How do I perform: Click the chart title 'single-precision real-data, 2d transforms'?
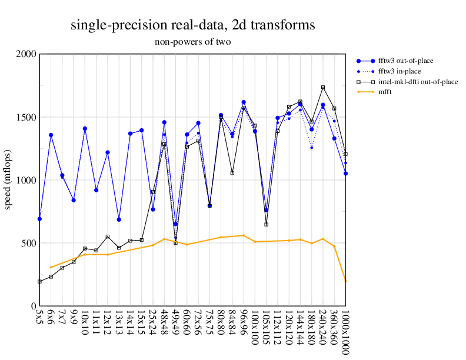(192, 25)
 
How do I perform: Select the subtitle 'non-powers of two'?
(192, 42)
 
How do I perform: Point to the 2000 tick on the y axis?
(26, 54)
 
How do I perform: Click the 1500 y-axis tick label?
(26, 117)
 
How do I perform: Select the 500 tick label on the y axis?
(28, 243)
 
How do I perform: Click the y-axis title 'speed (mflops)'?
(9, 180)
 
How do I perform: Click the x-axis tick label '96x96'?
(244, 324)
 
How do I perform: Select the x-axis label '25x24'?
(153, 324)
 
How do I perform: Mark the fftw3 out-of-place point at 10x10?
(85, 128)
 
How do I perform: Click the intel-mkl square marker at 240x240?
(323, 87)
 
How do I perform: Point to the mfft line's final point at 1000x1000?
(345, 281)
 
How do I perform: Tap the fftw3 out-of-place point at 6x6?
(51, 135)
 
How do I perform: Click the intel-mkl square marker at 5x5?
(39, 282)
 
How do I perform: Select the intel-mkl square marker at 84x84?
(232, 173)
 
